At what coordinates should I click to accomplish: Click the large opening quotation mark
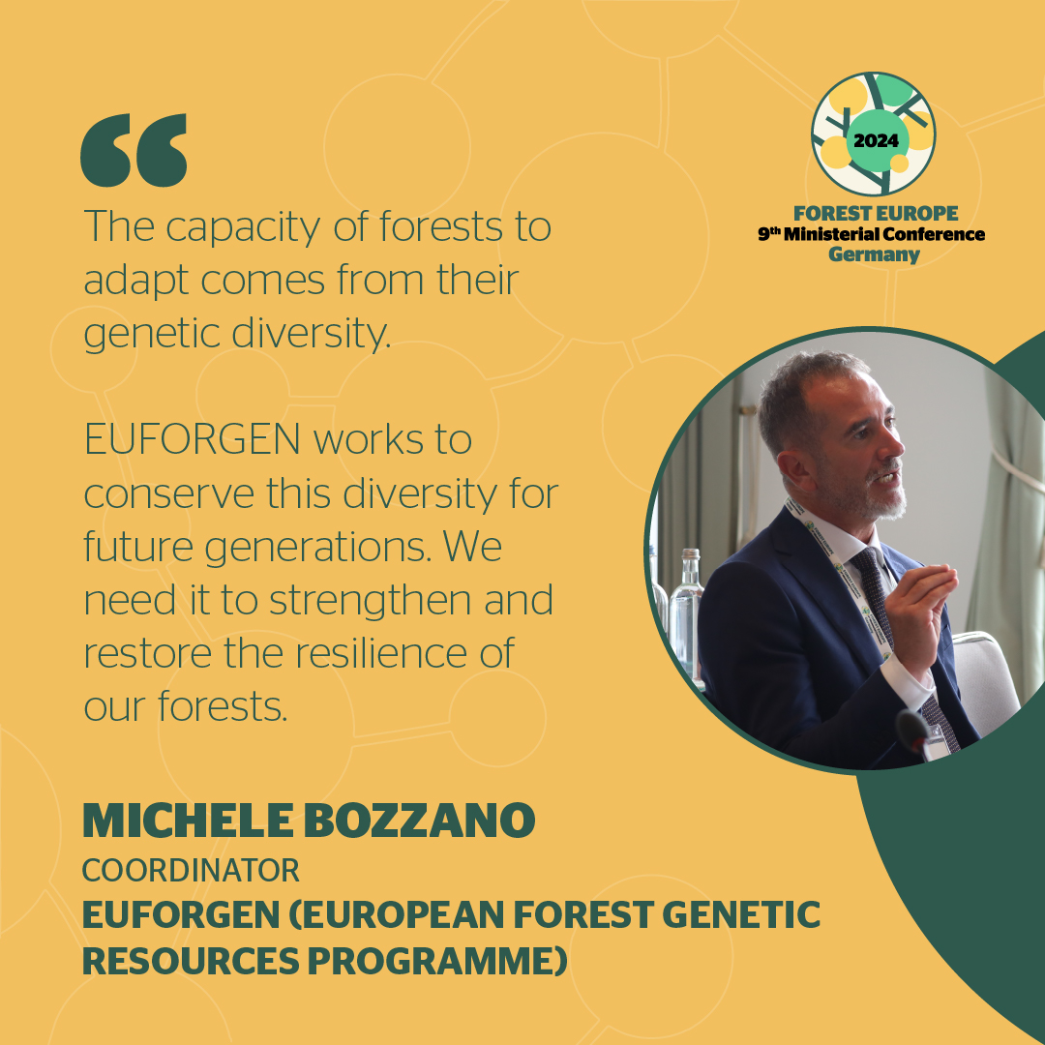(134, 150)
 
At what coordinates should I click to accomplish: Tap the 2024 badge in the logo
(875, 139)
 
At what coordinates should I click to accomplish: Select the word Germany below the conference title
(875, 254)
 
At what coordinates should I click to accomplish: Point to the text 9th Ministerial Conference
(871, 234)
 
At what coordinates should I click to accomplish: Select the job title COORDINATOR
(191, 870)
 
